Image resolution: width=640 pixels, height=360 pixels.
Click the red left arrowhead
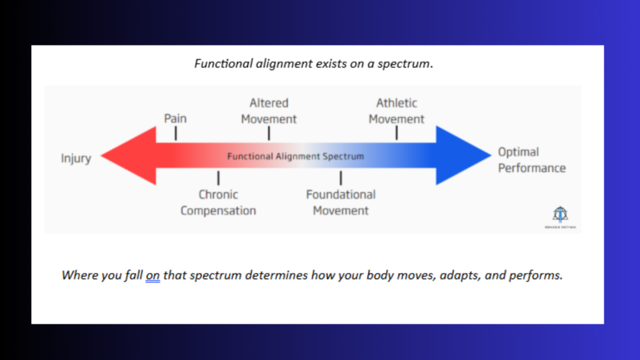point(128,156)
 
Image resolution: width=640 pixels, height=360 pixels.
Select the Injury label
point(76,158)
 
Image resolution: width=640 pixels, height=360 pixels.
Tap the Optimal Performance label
point(531,160)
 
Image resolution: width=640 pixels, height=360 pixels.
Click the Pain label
point(175,118)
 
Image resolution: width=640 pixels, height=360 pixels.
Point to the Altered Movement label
point(269,111)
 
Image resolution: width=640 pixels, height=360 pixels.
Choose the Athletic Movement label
point(396,111)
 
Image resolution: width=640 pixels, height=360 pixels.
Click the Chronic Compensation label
point(218,202)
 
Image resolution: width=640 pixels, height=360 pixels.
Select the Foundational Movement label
point(341,202)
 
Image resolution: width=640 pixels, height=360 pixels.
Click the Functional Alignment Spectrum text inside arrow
point(295,156)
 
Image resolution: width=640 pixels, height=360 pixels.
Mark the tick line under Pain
point(176,133)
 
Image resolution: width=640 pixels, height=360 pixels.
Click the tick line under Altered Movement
point(269,133)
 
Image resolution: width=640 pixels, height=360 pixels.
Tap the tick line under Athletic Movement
point(396,133)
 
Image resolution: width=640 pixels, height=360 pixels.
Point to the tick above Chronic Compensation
point(218,178)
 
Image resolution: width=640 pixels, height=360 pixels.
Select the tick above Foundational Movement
point(341,178)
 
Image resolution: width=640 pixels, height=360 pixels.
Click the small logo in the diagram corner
point(560,217)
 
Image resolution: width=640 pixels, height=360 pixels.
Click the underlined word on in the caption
point(153,275)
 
